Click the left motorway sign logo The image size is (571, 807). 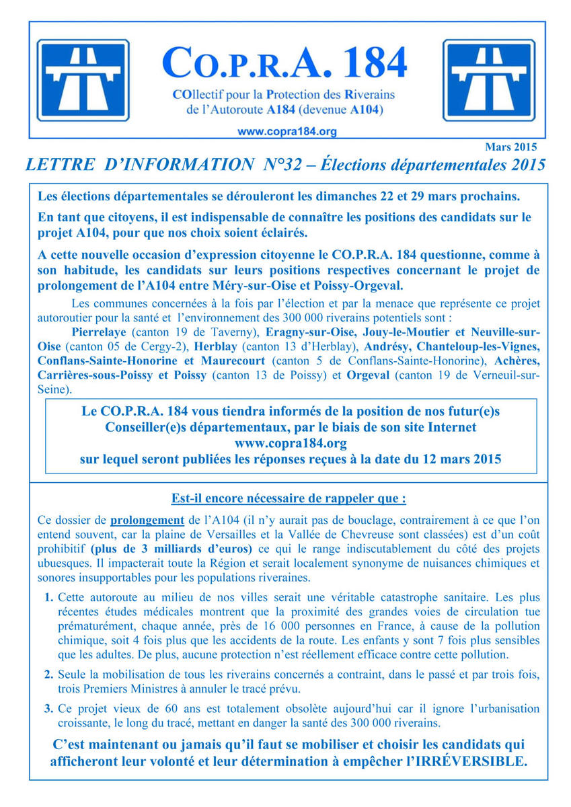coord(82,81)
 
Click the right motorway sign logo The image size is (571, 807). coord(488,81)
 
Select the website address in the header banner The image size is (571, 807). coord(287,132)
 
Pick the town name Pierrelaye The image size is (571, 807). coord(98,332)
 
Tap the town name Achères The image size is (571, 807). coord(517,360)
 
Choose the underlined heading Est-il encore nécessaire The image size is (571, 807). coord(289,499)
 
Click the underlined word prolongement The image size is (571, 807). coord(147,520)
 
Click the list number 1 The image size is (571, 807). coord(49,597)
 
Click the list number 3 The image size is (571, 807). coord(49,709)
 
